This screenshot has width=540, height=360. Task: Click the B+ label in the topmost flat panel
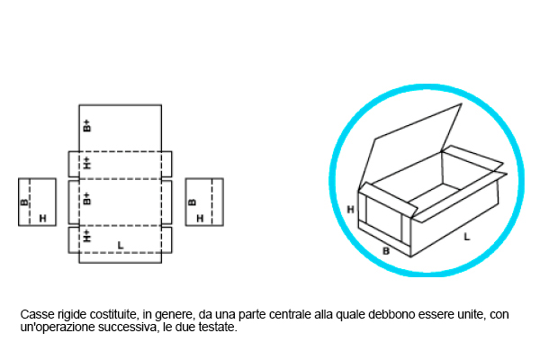(x=87, y=126)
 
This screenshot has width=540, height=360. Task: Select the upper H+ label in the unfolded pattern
(x=87, y=163)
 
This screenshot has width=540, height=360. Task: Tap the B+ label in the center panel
(x=87, y=198)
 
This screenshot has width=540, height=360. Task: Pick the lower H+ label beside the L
(x=87, y=236)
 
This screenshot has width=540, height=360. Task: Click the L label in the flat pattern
(x=121, y=246)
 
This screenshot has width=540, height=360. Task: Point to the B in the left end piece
(x=24, y=202)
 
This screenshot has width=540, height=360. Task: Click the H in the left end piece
(x=42, y=219)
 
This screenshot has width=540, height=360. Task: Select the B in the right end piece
(x=193, y=202)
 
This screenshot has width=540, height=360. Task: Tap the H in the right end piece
(x=200, y=219)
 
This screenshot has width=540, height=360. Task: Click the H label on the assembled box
(x=350, y=210)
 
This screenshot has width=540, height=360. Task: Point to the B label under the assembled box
(x=386, y=251)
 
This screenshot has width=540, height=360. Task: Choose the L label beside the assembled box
(x=466, y=237)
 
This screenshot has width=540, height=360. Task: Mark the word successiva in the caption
(x=127, y=328)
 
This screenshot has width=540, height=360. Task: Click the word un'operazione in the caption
(x=58, y=328)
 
